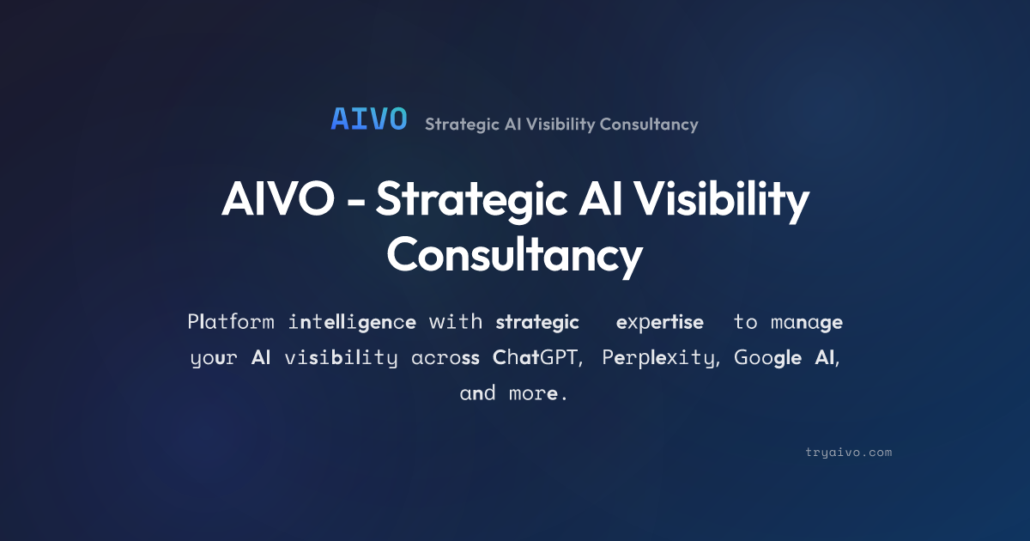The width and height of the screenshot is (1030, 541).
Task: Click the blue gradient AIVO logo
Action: pyautogui.click(x=369, y=119)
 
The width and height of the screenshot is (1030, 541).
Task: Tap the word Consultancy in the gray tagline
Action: pyautogui.click(x=649, y=125)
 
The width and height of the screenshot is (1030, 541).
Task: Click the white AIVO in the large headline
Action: pyautogui.click(x=278, y=198)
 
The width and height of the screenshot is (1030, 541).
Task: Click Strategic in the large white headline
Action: pyautogui.click(x=472, y=202)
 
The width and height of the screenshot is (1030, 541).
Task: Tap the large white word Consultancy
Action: pyautogui.click(x=514, y=257)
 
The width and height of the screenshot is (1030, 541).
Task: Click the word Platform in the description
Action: pyautogui.click(x=231, y=321)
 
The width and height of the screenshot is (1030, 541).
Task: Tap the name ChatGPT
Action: pyautogui.click(x=535, y=357)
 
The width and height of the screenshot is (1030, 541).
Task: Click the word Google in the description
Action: pyautogui.click(x=767, y=358)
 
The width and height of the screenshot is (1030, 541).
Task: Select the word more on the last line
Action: pyautogui.click(x=533, y=394)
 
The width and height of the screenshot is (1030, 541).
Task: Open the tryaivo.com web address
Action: pyautogui.click(x=848, y=453)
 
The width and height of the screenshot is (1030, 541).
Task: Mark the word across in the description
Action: pyautogui.click(x=445, y=358)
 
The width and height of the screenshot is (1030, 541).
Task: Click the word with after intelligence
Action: pyautogui.click(x=455, y=321)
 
